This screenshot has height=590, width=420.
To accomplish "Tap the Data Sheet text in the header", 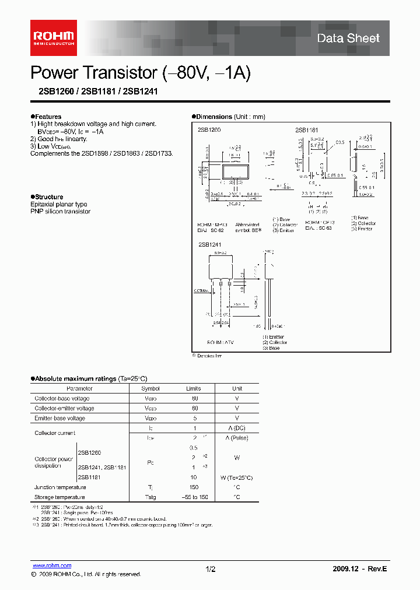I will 348,38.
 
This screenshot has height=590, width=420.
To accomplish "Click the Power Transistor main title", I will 141,73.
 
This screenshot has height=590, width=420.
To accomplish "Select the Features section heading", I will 47,117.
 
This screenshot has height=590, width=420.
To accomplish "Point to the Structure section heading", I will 48,197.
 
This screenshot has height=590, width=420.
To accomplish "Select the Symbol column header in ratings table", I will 150,388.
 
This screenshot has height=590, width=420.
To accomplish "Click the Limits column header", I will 194,388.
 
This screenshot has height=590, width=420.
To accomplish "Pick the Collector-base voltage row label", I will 62,398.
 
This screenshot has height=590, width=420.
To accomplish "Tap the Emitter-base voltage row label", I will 60,418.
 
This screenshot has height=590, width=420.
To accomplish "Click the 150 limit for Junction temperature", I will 194,487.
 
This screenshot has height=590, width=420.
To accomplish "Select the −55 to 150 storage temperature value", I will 194,497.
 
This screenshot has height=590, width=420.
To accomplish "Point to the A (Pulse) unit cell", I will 237,438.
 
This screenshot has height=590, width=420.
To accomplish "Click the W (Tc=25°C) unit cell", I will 237,477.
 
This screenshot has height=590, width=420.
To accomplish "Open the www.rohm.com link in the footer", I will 51,566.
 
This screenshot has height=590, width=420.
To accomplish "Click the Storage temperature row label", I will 60,497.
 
